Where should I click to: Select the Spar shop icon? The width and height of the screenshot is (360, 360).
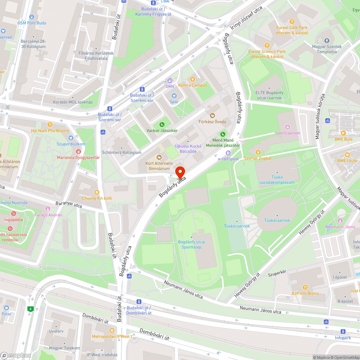[x=174, y=96]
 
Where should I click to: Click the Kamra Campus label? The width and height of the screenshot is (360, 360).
[x=193, y=85]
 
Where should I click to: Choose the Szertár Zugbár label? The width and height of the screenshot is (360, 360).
[x=258, y=158]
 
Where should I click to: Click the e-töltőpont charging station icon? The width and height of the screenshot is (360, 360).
[x=228, y=153]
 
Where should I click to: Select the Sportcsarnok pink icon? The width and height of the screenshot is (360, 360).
[x=287, y=127]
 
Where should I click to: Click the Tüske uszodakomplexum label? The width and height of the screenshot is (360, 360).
[x=277, y=180]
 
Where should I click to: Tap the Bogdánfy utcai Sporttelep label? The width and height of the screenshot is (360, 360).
[x=192, y=244]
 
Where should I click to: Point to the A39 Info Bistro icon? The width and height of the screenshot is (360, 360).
[x=305, y=287]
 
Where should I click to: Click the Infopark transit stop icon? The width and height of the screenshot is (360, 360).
[x=342, y=332]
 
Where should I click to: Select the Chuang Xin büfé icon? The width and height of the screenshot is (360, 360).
[x=96, y=192]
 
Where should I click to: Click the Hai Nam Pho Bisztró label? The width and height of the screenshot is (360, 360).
[x=50, y=131]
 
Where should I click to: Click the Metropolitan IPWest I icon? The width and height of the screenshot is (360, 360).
[x=112, y=330]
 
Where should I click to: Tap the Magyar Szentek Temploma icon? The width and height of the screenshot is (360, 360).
[x=327, y=41]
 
